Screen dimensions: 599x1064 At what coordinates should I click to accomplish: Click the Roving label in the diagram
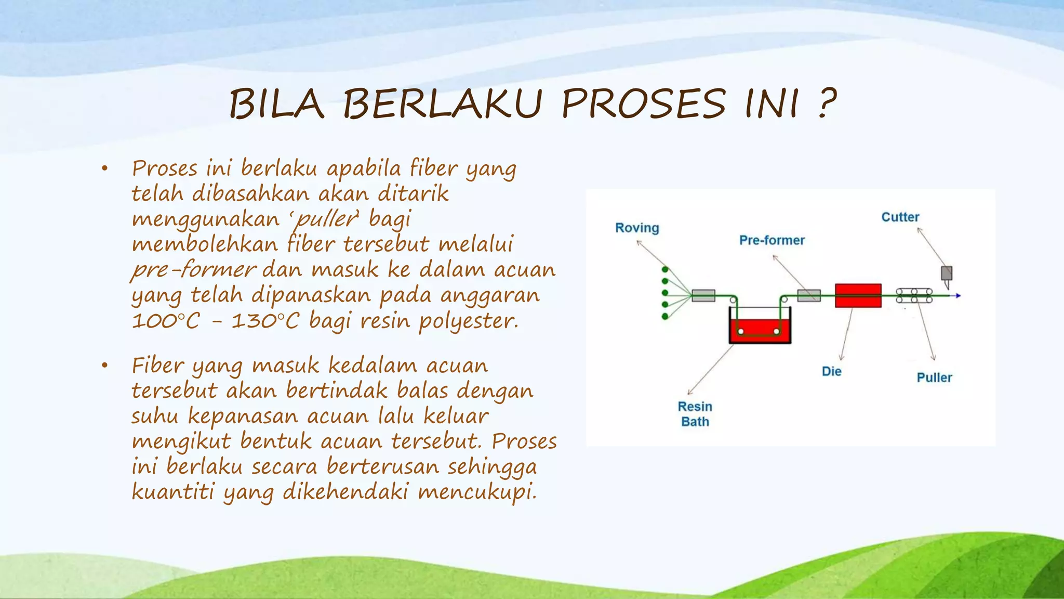click(637, 228)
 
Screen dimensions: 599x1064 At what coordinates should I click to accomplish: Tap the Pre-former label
click(772, 240)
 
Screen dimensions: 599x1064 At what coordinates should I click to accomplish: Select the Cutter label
click(900, 217)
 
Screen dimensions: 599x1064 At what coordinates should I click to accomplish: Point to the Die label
click(831, 371)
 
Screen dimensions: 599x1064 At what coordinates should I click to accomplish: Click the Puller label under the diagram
click(934, 377)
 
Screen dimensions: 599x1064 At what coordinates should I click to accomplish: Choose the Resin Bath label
click(695, 414)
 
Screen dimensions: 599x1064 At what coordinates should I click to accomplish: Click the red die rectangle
click(858, 295)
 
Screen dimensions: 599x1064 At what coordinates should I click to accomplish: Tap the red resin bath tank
click(760, 331)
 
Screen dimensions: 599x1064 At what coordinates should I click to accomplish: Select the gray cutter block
click(947, 273)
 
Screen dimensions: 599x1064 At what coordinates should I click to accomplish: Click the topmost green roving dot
click(664, 269)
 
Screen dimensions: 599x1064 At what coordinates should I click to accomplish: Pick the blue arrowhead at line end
click(957, 296)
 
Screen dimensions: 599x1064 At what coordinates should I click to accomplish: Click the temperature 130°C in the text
click(265, 321)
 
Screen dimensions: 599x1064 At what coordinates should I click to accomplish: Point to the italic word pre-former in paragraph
click(193, 270)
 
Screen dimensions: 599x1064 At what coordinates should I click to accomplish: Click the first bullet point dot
click(104, 168)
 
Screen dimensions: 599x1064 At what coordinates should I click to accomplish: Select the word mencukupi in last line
click(477, 491)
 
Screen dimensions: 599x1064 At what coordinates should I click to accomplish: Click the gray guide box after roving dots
click(703, 295)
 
